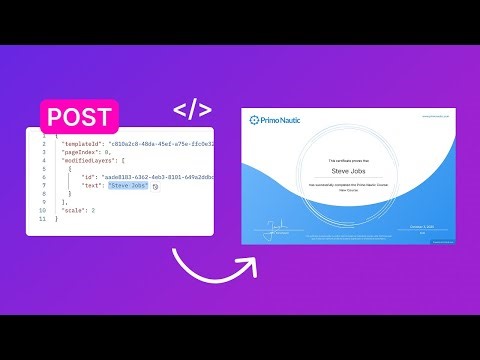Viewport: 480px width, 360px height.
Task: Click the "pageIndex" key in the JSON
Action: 81,155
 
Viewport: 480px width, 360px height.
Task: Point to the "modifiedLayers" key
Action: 89,165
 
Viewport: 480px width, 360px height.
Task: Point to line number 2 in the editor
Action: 44,145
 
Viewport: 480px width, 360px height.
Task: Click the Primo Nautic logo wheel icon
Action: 256,120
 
